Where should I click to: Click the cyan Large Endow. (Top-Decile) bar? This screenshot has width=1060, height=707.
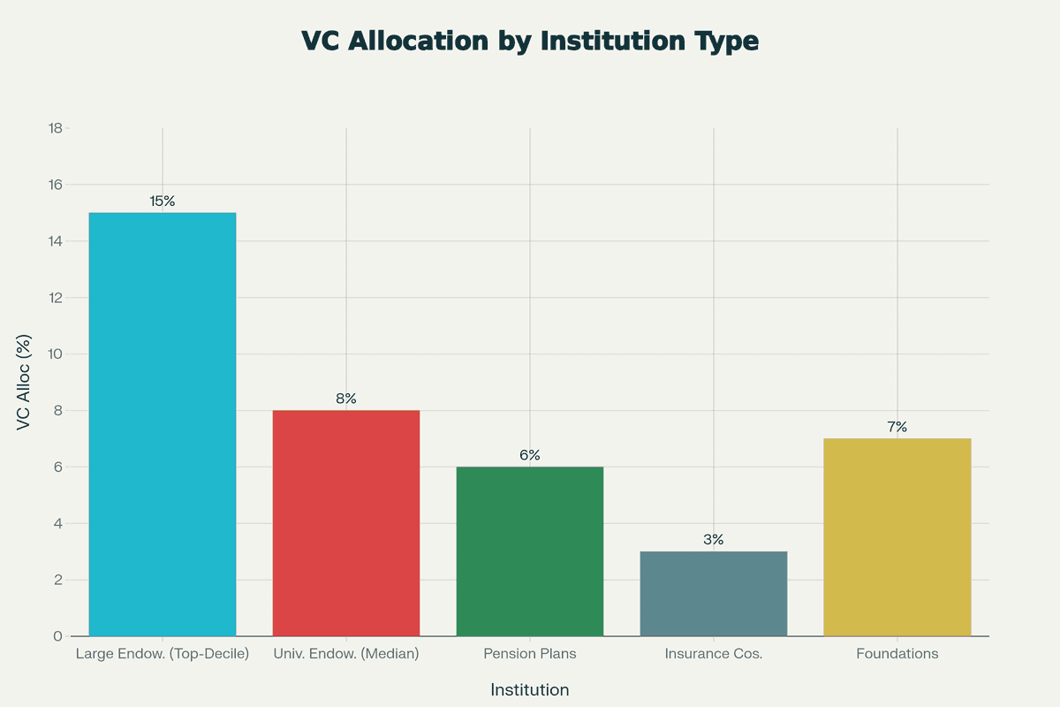click(x=163, y=424)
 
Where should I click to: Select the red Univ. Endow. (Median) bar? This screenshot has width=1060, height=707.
click(x=346, y=523)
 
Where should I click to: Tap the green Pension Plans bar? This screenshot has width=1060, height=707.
click(x=530, y=551)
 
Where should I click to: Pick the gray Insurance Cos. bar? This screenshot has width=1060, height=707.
click(x=714, y=594)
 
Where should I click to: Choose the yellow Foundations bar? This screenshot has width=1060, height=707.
click(x=897, y=537)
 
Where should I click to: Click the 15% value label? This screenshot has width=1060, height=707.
click(x=163, y=201)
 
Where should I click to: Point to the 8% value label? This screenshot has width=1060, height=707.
click(x=346, y=399)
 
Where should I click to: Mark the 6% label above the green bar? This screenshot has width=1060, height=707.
click(x=530, y=456)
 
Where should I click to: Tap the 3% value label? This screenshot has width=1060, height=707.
click(x=714, y=540)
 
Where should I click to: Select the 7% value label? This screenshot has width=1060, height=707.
click(x=897, y=428)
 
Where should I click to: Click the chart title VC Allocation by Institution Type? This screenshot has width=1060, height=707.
click(x=530, y=42)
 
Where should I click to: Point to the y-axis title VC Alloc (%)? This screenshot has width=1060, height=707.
click(x=25, y=382)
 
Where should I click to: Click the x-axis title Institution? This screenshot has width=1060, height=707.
click(x=530, y=690)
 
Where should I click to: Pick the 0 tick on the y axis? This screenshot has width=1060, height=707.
click(x=57, y=636)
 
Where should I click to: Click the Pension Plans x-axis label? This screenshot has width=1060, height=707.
click(x=530, y=655)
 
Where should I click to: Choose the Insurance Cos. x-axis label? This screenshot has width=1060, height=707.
click(x=714, y=655)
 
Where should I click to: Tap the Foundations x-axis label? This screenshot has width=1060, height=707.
click(x=897, y=655)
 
